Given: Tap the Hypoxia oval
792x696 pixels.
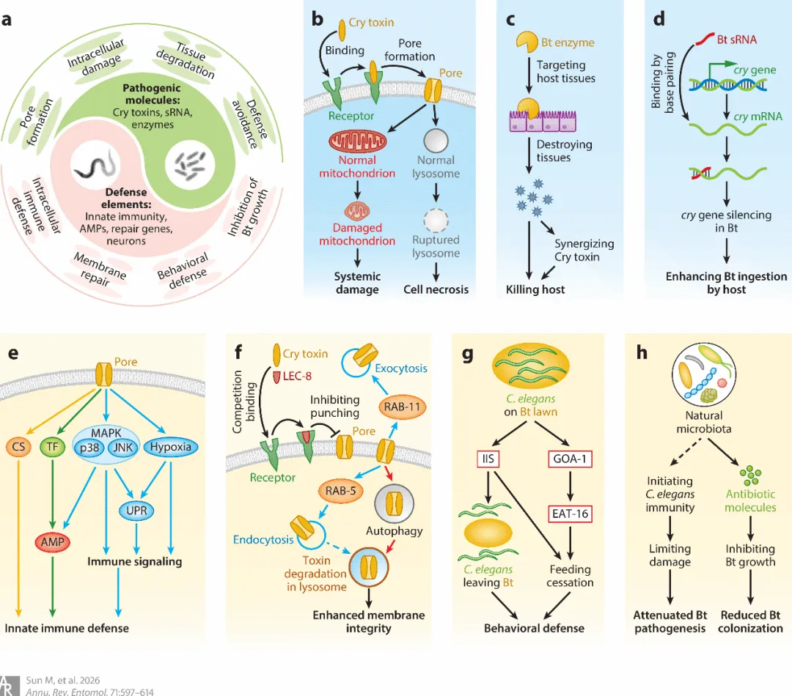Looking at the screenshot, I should pyautogui.click(x=170, y=445).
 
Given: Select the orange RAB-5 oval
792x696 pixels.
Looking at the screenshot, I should pyautogui.click(x=341, y=491).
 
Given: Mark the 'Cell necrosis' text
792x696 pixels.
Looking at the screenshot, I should pyautogui.click(x=436, y=289).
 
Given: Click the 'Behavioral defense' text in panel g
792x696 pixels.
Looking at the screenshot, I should pyautogui.click(x=534, y=628).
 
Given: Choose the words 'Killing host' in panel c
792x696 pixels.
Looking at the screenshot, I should pyautogui.click(x=535, y=289).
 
